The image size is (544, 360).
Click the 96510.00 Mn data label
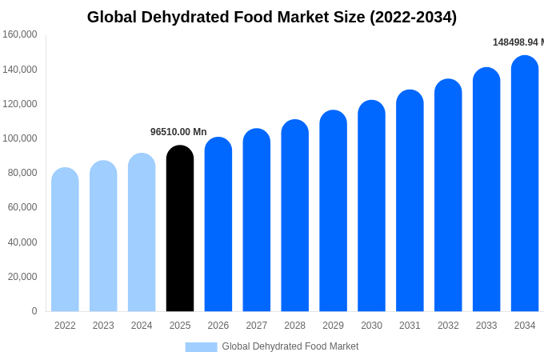click(x=178, y=132)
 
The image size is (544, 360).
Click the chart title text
click(x=272, y=17)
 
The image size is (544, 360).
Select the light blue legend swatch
click(x=201, y=346)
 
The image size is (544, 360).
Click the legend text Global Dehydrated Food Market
click(x=290, y=346)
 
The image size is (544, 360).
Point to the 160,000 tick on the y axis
click(x=20, y=34)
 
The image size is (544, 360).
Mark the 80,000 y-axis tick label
click(x=22, y=173)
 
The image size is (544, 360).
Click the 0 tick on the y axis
click(x=34, y=311)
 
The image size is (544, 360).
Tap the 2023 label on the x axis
click(x=103, y=326)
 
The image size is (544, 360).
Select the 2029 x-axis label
click(x=333, y=326)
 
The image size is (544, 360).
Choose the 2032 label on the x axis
click(x=448, y=326)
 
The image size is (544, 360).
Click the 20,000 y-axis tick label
click(x=22, y=277)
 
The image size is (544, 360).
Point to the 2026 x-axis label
click(x=218, y=326)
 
